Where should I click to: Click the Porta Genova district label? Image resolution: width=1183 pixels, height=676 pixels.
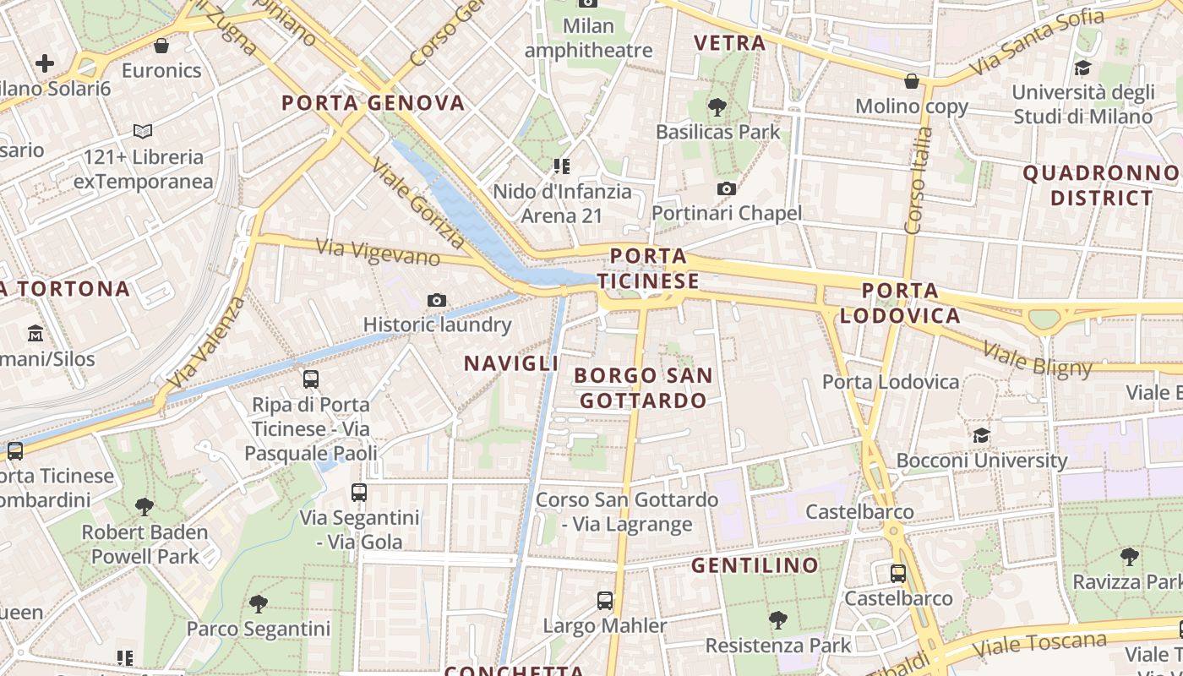[x=373, y=103]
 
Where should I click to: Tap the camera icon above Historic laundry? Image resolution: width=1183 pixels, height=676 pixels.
[x=437, y=300]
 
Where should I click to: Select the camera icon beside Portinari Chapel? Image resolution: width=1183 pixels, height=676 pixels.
[x=726, y=188]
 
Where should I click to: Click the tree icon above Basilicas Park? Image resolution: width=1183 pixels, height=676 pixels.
[x=717, y=106]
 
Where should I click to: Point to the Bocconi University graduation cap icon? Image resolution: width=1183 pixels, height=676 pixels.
[x=981, y=435]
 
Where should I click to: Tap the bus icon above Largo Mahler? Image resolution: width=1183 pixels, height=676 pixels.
[x=605, y=601]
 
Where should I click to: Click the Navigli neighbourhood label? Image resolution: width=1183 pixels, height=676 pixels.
[x=511, y=363]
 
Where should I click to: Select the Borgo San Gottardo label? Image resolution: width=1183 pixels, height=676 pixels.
[x=643, y=388]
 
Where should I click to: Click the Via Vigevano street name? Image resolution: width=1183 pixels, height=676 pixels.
[x=378, y=252]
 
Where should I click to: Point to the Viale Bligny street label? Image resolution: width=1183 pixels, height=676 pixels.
[x=1039, y=357]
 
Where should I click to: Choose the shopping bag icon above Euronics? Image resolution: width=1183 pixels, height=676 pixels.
[x=161, y=46]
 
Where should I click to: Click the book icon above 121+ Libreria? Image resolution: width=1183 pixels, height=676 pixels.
[x=143, y=132]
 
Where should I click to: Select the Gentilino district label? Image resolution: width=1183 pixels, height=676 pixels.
[x=755, y=565]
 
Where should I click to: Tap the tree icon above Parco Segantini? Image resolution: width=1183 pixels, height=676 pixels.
[x=259, y=603]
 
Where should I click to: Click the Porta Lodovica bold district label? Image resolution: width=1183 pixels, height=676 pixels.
[x=900, y=303]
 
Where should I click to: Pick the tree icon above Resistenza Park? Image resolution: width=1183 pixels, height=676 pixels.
[x=778, y=620]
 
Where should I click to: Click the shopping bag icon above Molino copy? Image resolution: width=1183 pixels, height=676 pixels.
[x=912, y=81]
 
